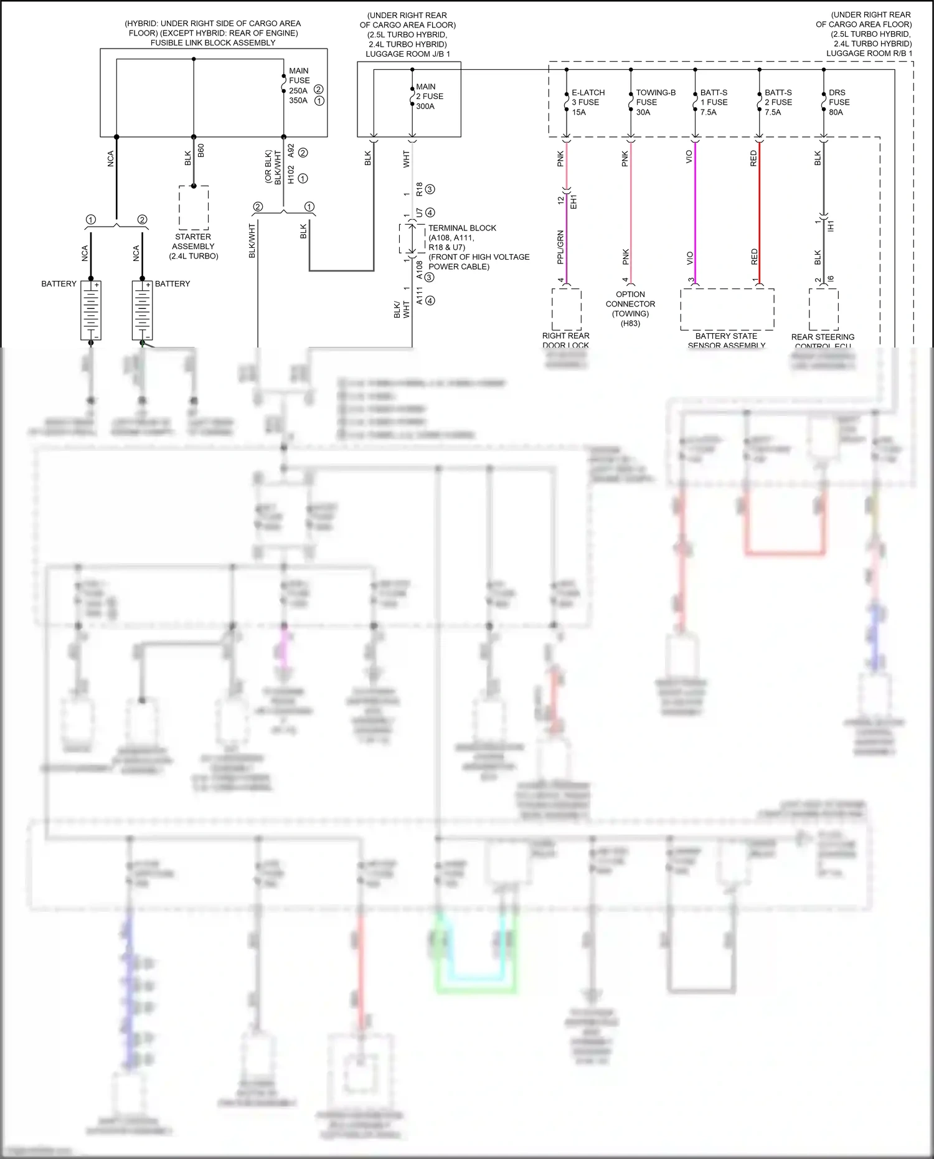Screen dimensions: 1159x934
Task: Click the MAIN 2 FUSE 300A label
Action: [429, 97]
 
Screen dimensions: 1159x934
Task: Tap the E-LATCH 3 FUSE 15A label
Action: [588, 102]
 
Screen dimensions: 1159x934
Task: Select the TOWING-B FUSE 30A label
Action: [655, 102]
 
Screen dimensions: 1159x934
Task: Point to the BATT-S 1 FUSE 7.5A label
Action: [714, 102]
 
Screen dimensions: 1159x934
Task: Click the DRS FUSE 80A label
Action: [838, 102]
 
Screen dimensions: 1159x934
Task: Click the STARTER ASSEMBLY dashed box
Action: [193, 207]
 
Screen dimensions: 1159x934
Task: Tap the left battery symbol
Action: [91, 310]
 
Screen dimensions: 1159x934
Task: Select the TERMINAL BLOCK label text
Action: [462, 228]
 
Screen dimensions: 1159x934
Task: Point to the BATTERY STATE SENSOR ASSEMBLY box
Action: [727, 309]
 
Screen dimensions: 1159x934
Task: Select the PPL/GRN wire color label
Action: [560, 247]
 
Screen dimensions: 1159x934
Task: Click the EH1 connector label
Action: [574, 201]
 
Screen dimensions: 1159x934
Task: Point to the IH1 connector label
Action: [831, 226]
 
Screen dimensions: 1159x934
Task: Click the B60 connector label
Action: [200, 150]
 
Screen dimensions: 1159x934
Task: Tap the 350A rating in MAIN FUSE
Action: [298, 100]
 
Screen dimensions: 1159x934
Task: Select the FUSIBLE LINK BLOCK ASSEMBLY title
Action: [213, 43]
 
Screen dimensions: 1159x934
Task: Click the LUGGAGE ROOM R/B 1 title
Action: [869, 54]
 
